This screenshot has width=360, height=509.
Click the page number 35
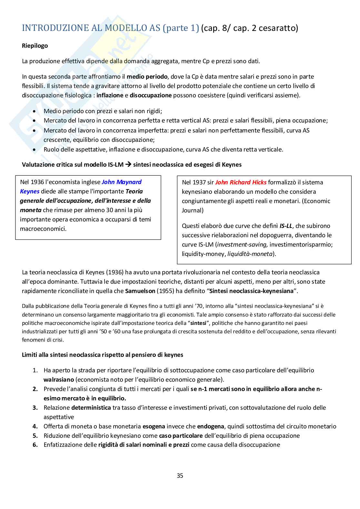[x=180, y=475]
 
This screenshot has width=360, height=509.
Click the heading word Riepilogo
[x=35, y=45]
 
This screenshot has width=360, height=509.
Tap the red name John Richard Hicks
[x=241, y=182]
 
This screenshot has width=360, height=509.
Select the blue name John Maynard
[x=122, y=182]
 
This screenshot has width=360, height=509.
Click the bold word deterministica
[x=91, y=407]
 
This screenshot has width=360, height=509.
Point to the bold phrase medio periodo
[x=147, y=77]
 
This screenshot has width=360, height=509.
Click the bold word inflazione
[x=110, y=95]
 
